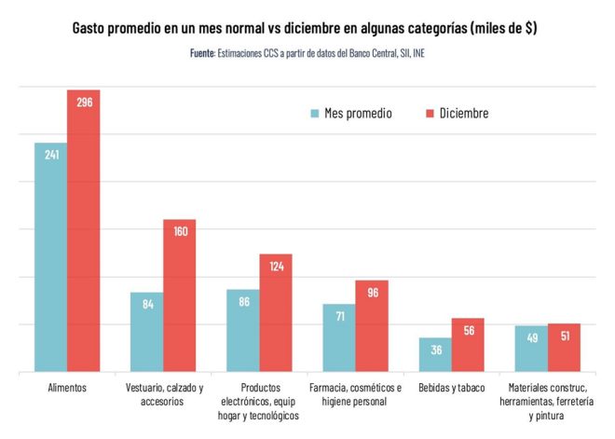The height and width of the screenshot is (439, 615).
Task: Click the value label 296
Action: [83, 103]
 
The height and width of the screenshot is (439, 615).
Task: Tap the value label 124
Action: [276, 267]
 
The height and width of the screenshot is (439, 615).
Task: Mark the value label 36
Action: [435, 350]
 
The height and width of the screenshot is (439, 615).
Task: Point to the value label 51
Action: [564, 336]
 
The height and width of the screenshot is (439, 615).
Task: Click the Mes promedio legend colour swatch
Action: [315, 114]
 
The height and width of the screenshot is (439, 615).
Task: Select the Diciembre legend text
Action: [464, 114]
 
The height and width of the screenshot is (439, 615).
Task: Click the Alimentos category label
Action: [66, 387]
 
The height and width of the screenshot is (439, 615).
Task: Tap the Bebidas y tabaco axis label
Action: [452, 387]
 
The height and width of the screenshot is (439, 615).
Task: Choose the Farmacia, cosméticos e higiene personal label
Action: [355, 393]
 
